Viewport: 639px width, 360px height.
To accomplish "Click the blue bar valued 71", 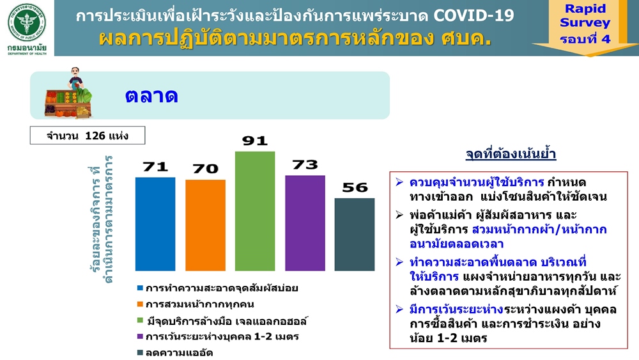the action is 155,224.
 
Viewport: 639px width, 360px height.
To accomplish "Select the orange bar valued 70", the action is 205,225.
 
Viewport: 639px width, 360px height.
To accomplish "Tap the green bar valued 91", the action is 255,211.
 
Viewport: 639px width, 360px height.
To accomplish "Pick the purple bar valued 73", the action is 305,223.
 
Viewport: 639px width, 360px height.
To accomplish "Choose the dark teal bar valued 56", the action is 355,235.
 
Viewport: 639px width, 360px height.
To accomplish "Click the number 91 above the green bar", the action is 255,141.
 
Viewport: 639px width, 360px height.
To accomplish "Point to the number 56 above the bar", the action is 355,187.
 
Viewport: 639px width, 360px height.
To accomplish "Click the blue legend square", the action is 140,288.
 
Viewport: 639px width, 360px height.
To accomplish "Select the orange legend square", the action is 140,304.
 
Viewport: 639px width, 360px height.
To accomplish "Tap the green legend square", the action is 140,320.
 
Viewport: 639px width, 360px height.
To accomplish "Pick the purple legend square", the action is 140,337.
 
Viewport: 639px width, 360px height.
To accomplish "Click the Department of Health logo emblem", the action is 27,22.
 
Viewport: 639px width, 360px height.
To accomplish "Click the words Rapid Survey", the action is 585,15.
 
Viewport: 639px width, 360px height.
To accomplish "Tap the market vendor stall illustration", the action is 68,93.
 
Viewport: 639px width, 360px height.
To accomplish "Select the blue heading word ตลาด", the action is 151,96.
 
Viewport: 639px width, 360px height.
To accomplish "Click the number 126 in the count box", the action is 95,136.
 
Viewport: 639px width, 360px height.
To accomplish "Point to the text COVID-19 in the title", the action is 473,16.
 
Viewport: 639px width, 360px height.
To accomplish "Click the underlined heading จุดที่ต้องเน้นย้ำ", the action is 511,155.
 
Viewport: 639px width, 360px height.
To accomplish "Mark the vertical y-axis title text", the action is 101,219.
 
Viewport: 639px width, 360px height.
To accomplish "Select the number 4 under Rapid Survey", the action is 606,39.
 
